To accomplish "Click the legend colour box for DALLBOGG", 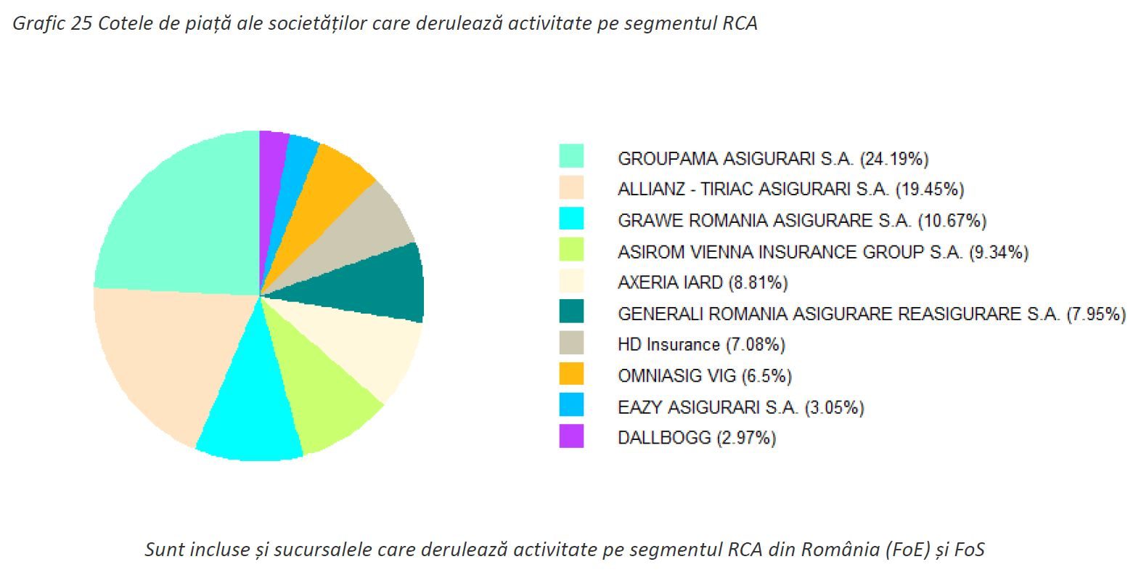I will point(571,436).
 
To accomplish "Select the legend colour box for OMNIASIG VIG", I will point(571,374).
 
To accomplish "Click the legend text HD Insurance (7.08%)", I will point(701,344).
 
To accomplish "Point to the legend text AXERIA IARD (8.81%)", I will point(703,282).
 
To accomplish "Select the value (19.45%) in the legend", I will point(930,189).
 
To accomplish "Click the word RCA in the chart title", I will point(740,23).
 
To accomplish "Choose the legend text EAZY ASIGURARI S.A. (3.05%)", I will point(740,407).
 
